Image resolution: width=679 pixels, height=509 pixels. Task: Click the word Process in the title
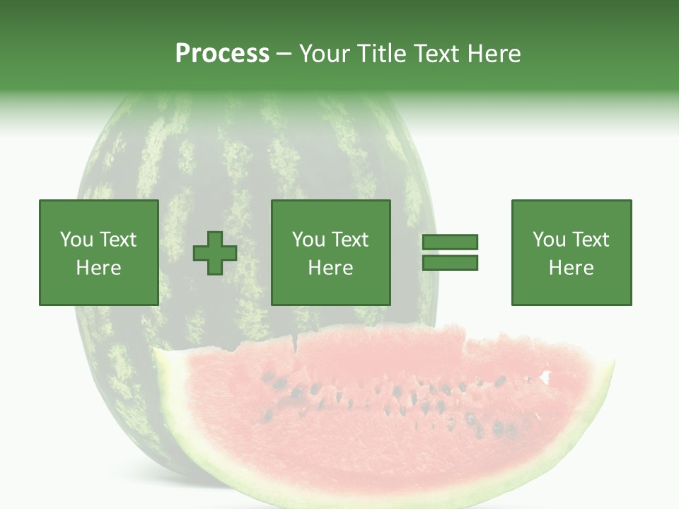pos(222,54)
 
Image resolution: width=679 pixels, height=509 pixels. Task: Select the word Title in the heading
pos(382,54)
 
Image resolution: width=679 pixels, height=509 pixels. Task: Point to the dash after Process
pos(284,54)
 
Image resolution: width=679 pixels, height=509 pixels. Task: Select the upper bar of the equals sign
pos(450,242)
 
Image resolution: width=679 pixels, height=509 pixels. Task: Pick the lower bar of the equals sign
pos(450,263)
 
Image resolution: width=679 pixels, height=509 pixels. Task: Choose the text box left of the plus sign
pos(99,252)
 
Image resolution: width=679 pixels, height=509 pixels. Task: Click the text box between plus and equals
pos(331,252)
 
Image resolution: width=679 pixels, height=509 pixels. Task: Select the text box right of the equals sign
pos(571,252)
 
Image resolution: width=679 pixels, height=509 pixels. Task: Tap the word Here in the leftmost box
pos(99,268)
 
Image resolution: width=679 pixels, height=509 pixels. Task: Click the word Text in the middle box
pos(350,240)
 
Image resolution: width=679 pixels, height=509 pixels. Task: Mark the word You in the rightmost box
pos(550,240)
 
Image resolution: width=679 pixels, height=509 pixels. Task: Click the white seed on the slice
pos(545,378)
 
